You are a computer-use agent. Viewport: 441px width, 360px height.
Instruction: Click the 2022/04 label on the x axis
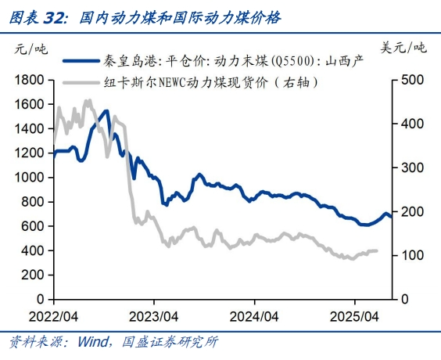(53, 318)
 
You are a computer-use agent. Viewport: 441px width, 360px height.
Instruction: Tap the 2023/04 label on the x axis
(154, 318)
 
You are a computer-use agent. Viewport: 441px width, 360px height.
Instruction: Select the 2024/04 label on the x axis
(254, 318)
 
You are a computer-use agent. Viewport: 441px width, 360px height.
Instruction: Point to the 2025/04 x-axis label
(355, 318)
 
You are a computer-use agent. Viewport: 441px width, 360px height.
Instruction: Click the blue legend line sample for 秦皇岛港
(81, 60)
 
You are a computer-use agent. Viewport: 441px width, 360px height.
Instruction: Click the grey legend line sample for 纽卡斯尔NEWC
(81, 81)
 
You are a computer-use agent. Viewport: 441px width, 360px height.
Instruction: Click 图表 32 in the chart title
(36, 16)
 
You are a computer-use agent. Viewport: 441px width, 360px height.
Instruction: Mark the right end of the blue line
(392, 218)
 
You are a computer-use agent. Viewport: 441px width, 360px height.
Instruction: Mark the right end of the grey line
(378, 251)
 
